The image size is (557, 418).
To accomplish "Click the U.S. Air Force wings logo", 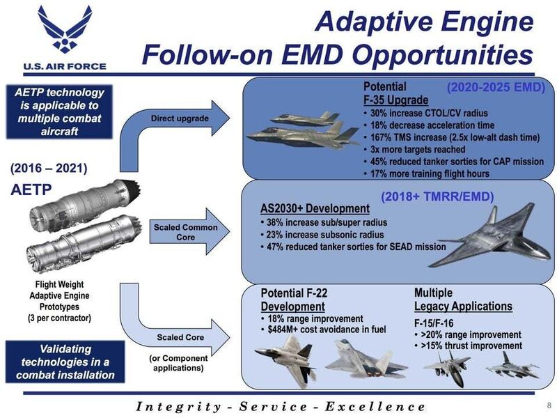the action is pyautogui.click(x=65, y=29).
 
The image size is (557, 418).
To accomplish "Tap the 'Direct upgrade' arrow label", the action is pyautogui.click(x=180, y=118).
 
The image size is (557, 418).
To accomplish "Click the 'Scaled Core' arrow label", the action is pyautogui.click(x=180, y=337).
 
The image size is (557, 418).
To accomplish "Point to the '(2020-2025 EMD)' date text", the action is pyautogui.click(x=496, y=88).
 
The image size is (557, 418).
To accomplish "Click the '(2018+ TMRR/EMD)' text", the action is pyautogui.click(x=437, y=196).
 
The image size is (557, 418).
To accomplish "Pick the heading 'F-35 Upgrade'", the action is pyautogui.click(x=395, y=100).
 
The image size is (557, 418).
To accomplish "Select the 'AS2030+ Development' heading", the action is pyautogui.click(x=315, y=208).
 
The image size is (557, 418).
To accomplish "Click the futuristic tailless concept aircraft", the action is pyautogui.click(x=491, y=236).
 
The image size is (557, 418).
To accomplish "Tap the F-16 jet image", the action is pyautogui.click(x=513, y=367).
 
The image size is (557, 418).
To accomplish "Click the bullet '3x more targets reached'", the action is pyautogui.click(x=414, y=150).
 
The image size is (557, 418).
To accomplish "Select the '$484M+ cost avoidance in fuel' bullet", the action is pyautogui.click(x=323, y=330).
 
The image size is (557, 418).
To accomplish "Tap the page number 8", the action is pyautogui.click(x=549, y=405).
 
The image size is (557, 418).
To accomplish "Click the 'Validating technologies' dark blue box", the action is pyautogui.click(x=65, y=362).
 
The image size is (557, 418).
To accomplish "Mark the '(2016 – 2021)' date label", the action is pyautogui.click(x=49, y=168).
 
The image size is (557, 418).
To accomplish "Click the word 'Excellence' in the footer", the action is pyautogui.click(x=375, y=406).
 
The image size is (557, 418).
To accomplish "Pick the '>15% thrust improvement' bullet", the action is pyautogui.click(x=468, y=346).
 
